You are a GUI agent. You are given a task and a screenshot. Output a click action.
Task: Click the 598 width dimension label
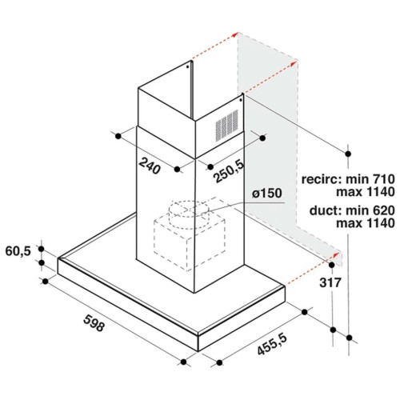point(94,323)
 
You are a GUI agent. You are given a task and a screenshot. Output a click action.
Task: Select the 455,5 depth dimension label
point(272,344)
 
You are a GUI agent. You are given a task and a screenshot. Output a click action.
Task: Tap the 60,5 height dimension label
point(18,251)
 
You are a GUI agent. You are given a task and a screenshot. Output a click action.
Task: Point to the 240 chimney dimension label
point(150,166)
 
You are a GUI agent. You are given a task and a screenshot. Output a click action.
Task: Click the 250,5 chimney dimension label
point(229,171)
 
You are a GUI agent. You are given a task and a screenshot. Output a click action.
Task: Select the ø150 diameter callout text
point(267,193)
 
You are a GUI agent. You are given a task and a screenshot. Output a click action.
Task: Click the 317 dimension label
point(330,282)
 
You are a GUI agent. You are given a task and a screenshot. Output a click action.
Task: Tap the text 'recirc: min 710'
point(348,179)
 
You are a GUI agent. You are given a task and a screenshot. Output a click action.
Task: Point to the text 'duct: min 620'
point(352,210)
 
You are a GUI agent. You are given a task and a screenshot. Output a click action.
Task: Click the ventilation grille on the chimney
point(226,126)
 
